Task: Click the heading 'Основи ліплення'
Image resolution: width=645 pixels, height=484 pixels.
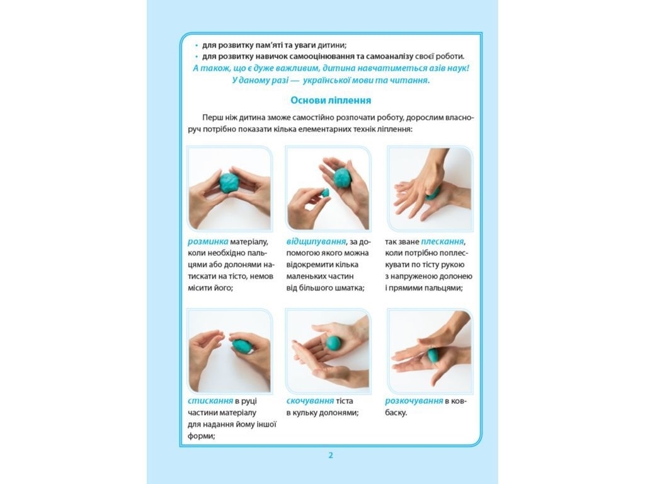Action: pyautogui.click(x=331, y=100)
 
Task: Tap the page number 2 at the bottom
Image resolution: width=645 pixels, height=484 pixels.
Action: pyautogui.click(x=331, y=455)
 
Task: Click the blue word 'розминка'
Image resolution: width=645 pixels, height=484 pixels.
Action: pyautogui.click(x=208, y=241)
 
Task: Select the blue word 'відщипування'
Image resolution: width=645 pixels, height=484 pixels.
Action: pyautogui.click(x=316, y=241)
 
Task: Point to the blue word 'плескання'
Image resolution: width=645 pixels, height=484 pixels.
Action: pyautogui.click(x=442, y=241)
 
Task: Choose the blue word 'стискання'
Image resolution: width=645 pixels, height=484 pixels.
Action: pyautogui.click(x=210, y=401)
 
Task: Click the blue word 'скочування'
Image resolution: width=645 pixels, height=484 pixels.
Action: pyautogui.click(x=310, y=401)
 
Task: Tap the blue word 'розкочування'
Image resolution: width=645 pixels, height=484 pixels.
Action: pyautogui.click(x=414, y=401)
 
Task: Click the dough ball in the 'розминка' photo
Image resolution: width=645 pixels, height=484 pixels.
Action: pyautogui.click(x=229, y=183)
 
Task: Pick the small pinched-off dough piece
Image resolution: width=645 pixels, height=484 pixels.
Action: pyautogui.click(x=325, y=193)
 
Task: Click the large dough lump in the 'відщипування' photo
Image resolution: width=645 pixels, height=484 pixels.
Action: pyautogui.click(x=342, y=177)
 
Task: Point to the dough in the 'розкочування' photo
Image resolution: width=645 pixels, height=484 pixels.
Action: pyautogui.click(x=433, y=357)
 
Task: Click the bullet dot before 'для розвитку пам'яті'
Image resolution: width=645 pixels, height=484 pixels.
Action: pyautogui.click(x=197, y=45)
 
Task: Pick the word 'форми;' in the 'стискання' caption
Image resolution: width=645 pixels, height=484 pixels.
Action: pyautogui.click(x=202, y=435)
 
